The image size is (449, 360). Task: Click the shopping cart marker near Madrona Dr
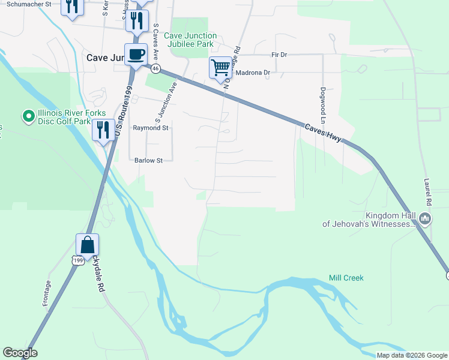(221, 67)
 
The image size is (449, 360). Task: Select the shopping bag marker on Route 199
(87, 245)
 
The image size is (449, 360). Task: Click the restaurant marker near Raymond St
(103, 129)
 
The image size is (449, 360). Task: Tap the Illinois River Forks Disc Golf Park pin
(28, 116)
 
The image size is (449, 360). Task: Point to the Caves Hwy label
(322, 133)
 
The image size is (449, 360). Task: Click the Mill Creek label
(346, 278)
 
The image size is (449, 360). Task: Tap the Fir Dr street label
(279, 55)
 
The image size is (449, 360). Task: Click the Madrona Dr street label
(253, 73)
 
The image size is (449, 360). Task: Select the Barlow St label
(148, 160)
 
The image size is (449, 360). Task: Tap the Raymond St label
(151, 128)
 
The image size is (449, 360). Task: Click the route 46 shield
(155, 69)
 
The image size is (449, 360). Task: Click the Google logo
(20, 353)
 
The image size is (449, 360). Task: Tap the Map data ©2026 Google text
(412, 355)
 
